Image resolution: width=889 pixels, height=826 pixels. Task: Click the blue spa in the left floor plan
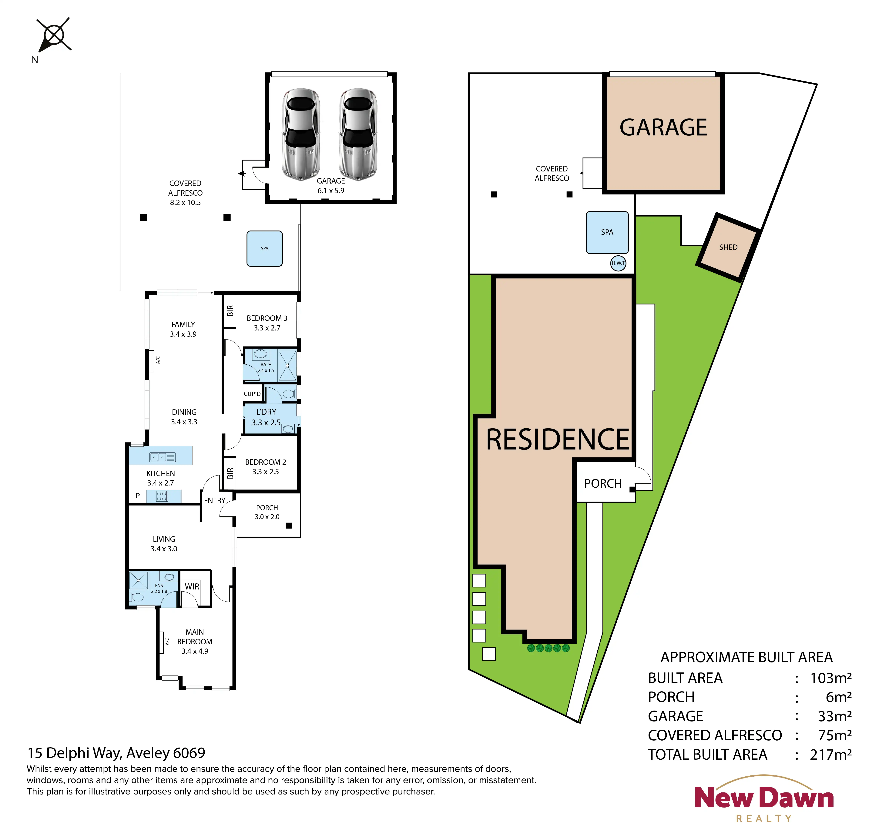(x=265, y=248)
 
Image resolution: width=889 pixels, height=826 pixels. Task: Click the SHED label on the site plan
(x=728, y=247)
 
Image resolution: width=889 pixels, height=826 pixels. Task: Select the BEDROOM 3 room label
(x=267, y=318)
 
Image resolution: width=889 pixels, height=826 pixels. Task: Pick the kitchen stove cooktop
(x=162, y=496)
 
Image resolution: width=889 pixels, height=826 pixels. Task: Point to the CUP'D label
(x=252, y=394)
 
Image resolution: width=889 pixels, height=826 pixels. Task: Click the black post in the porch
(x=289, y=526)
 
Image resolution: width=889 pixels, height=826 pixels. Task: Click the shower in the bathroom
(x=287, y=366)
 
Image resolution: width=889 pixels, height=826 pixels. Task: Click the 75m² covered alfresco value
(x=834, y=735)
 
